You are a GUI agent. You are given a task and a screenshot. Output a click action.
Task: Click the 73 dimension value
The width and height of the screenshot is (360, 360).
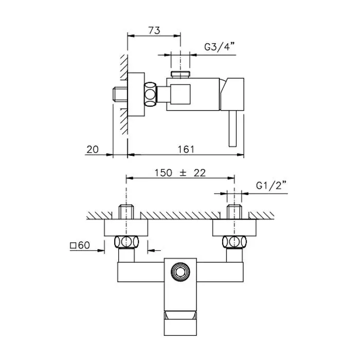(x=154, y=30)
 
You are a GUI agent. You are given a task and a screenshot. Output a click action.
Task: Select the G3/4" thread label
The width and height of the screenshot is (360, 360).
(x=220, y=47)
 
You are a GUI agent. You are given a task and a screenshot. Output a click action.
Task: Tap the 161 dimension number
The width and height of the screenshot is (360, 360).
(x=186, y=150)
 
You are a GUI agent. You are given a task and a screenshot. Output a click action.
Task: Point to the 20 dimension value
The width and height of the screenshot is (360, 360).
(x=93, y=150)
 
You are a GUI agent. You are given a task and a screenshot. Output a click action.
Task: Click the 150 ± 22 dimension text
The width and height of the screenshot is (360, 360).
(x=180, y=173)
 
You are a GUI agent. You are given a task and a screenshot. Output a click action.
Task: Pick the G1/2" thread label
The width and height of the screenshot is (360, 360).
(x=272, y=185)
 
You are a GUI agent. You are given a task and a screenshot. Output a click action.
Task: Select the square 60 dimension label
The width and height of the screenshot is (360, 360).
(x=80, y=245)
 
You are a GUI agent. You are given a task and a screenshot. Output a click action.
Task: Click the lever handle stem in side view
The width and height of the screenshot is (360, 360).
(x=232, y=128)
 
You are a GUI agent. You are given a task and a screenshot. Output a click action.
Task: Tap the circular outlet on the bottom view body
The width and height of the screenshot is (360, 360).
(x=181, y=272)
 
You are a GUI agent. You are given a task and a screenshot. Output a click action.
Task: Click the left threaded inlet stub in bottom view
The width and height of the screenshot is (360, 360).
(x=127, y=212)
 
